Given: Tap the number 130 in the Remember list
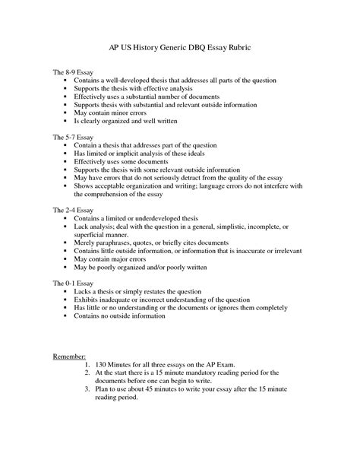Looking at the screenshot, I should (x=103, y=365).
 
